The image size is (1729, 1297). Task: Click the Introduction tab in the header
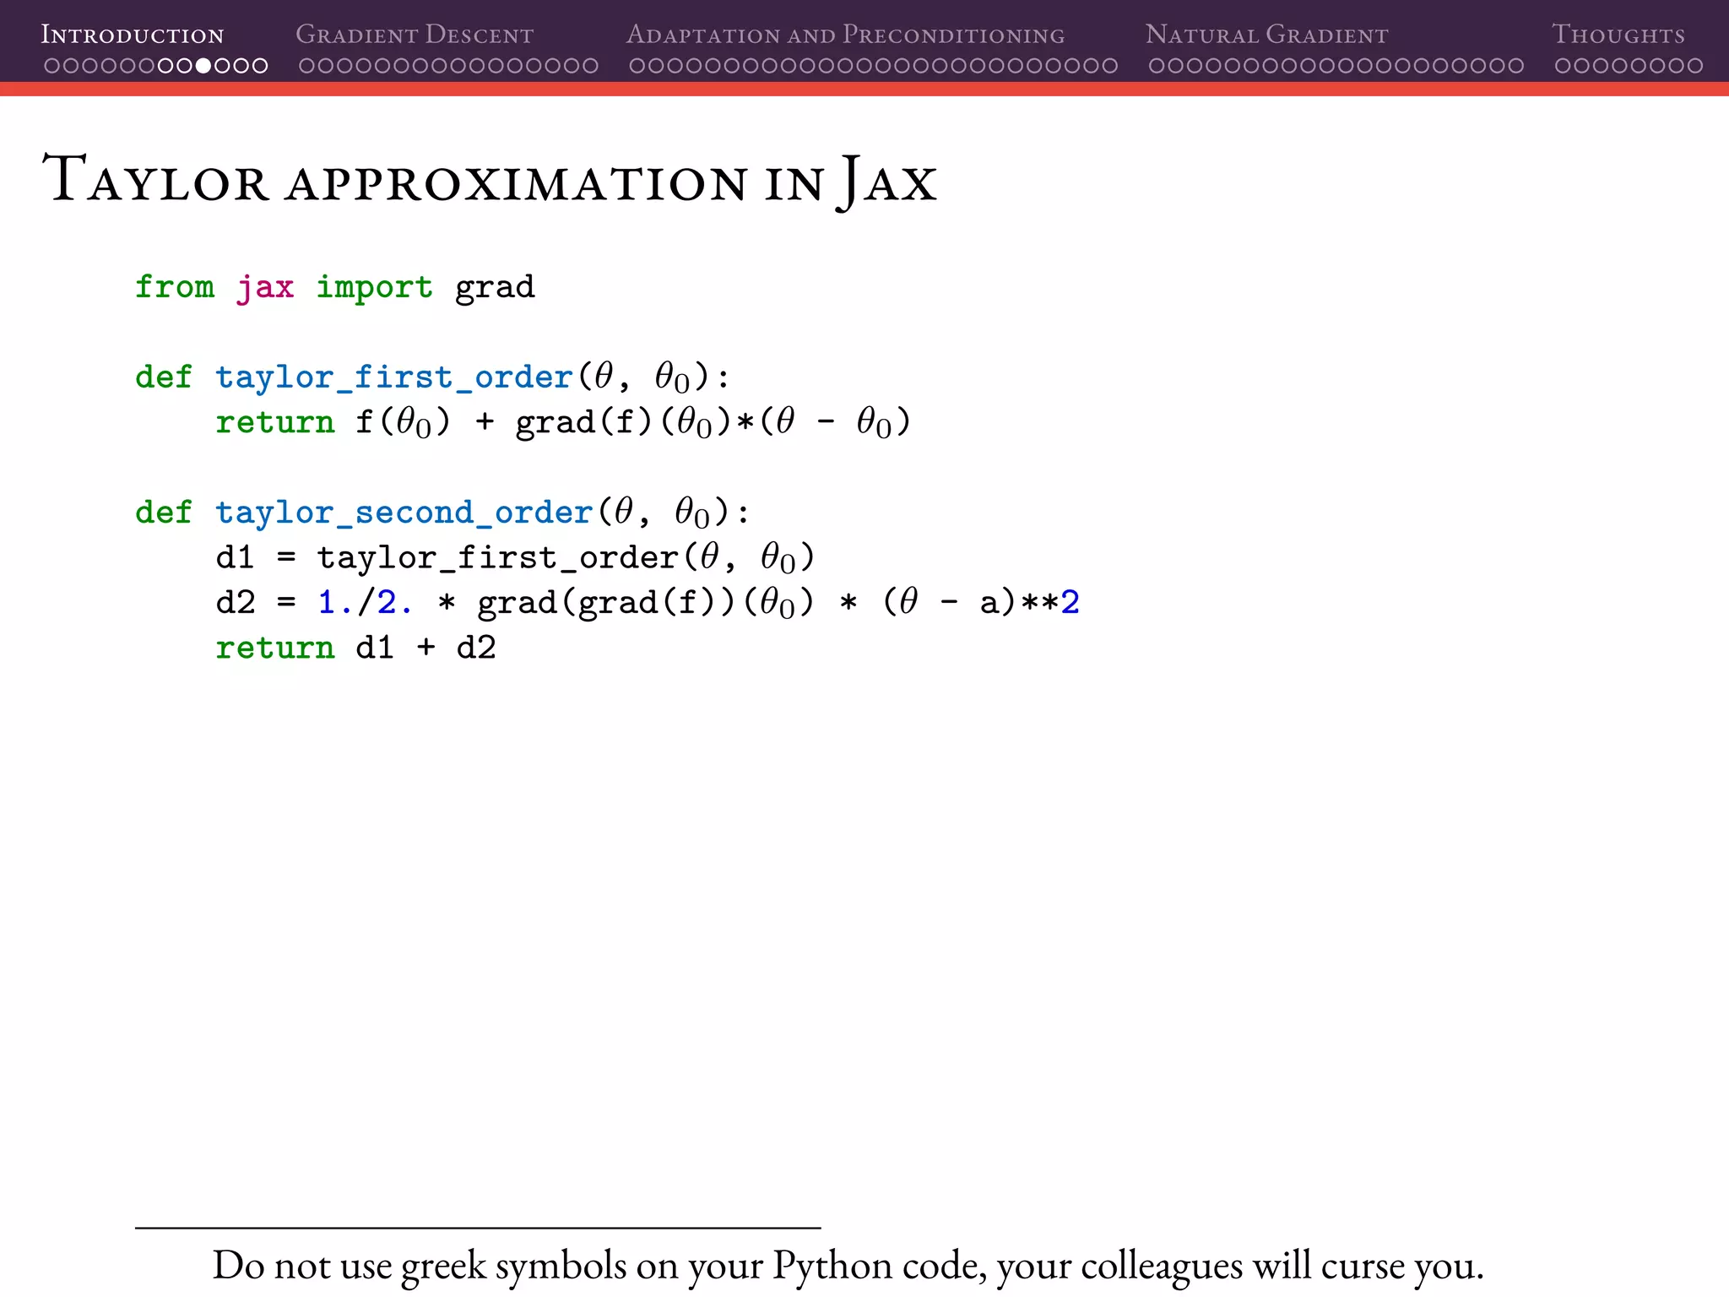click(x=133, y=35)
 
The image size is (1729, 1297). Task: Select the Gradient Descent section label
click(x=415, y=35)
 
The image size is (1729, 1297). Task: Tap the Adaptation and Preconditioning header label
click(x=845, y=35)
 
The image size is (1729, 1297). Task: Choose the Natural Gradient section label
click(x=1266, y=35)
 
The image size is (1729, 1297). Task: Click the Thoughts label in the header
click(x=1618, y=35)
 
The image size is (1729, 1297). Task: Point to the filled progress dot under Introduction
click(x=203, y=66)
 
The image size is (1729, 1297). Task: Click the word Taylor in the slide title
click(x=156, y=180)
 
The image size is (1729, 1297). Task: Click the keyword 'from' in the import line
click(x=175, y=287)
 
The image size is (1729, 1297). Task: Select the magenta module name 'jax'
click(x=265, y=287)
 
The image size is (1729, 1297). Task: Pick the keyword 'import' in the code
click(x=374, y=287)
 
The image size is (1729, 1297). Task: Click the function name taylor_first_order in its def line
click(x=394, y=377)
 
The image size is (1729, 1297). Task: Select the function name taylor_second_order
click(x=404, y=513)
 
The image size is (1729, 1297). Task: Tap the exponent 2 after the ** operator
click(x=1070, y=603)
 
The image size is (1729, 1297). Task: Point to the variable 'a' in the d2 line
click(x=989, y=604)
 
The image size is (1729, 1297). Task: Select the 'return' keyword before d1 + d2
click(x=274, y=648)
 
